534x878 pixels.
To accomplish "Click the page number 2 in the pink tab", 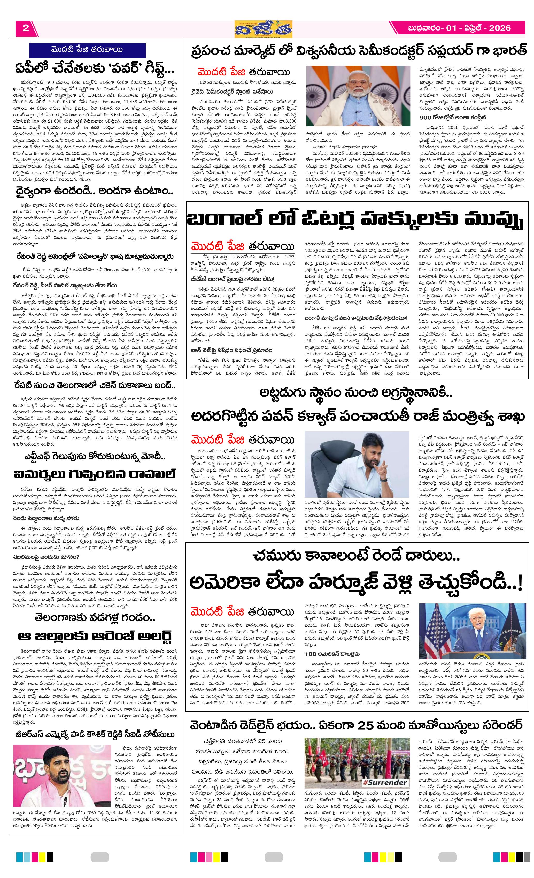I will [25, 28].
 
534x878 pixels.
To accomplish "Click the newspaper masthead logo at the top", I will [264, 29].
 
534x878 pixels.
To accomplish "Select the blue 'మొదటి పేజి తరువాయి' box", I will [87, 50].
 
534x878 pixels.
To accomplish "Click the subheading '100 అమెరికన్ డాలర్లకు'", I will [332, 654].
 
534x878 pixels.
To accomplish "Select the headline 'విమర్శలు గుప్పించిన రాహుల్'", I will [95, 474].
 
